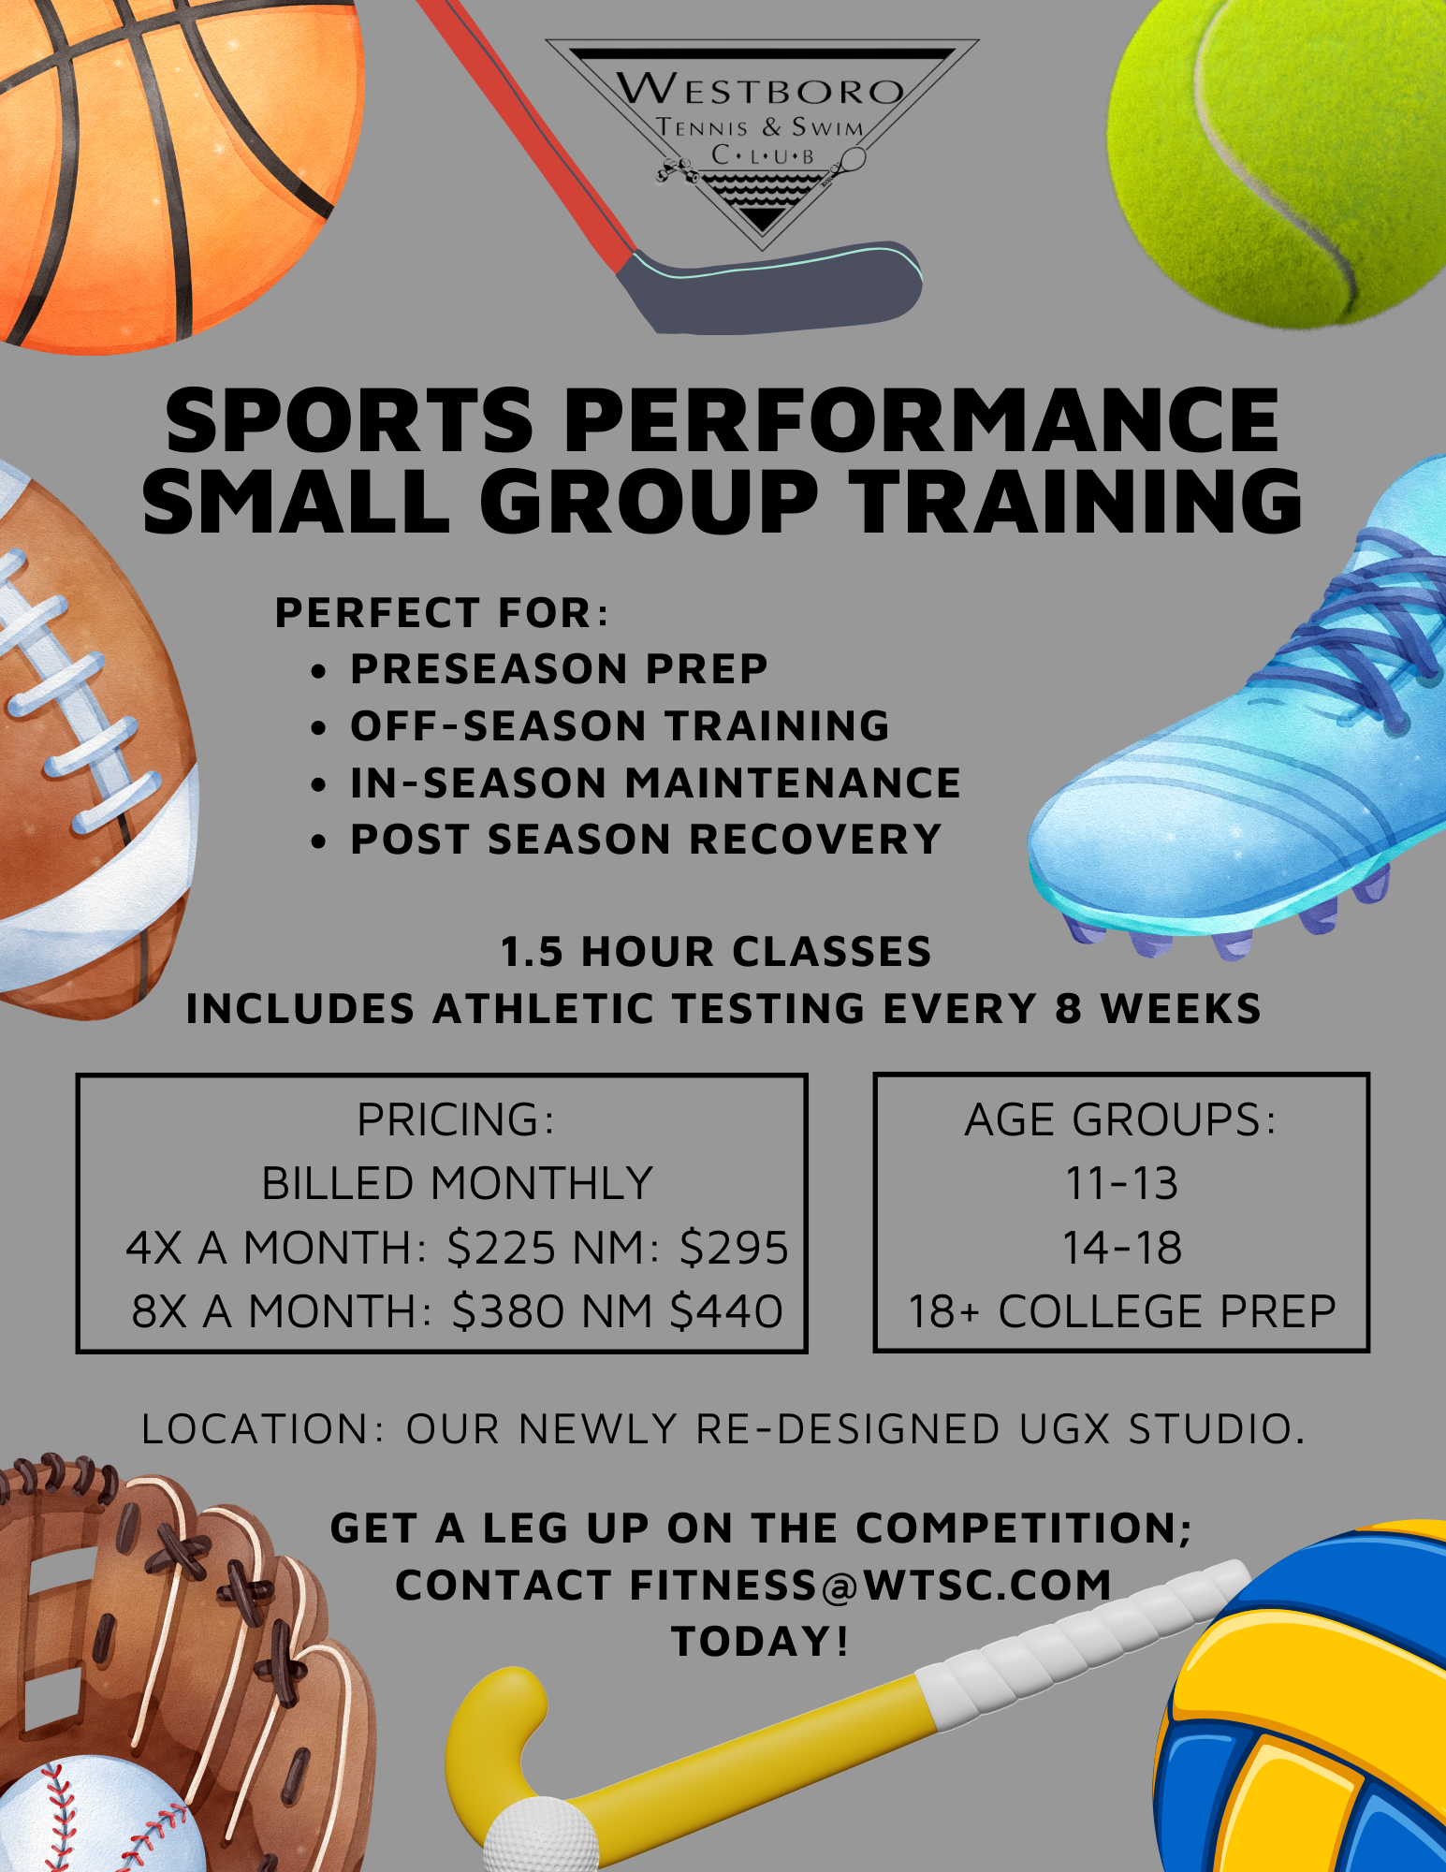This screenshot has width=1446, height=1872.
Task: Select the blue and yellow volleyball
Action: [1310, 1713]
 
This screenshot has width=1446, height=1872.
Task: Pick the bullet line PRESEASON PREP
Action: [559, 669]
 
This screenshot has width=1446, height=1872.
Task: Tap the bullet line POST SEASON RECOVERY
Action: [646, 840]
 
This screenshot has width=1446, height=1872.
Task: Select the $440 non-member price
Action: [726, 1311]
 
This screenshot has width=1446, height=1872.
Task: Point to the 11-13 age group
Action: [1121, 1184]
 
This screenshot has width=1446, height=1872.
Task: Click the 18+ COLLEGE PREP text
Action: [1121, 1311]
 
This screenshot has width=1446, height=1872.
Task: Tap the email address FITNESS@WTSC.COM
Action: [870, 1586]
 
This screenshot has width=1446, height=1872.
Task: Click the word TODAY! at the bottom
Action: [760, 1642]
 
